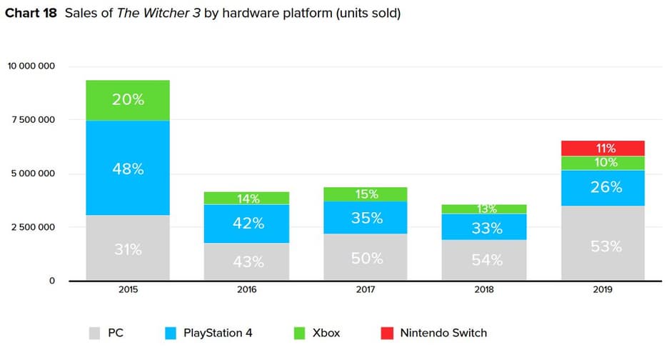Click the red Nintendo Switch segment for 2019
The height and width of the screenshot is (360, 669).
[603, 148]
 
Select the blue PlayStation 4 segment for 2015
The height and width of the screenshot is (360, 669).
[128, 168]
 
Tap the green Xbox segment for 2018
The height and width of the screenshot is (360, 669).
[484, 209]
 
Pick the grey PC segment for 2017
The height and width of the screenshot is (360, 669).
[365, 257]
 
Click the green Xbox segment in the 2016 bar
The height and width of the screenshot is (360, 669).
[246, 198]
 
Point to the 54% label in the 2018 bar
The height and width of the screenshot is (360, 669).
[484, 260]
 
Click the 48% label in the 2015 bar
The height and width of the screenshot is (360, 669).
[128, 169]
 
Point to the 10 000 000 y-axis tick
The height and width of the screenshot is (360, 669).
[31, 66]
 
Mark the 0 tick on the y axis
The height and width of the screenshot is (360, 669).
[52, 281]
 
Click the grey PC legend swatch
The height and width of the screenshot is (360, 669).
[93, 333]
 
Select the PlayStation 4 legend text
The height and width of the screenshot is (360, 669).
[218, 333]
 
